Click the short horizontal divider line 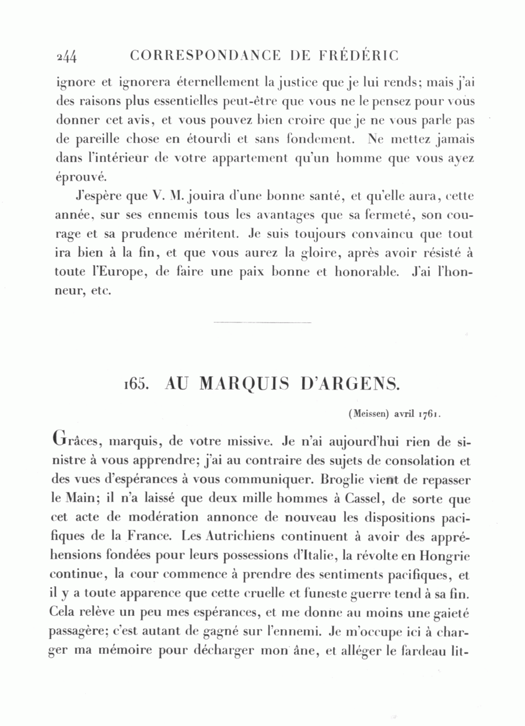pos(262,322)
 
